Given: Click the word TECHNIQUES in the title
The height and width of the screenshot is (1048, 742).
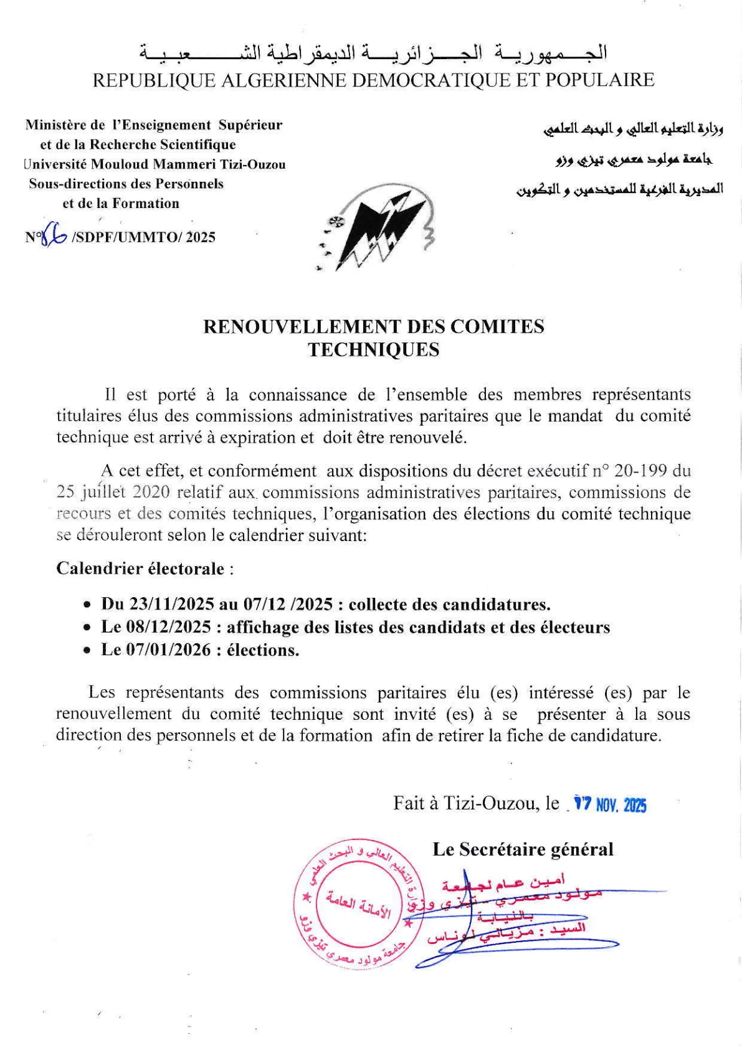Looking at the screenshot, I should pyautogui.click(x=373, y=349).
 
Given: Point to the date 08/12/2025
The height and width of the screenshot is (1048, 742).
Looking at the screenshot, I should pyautogui.click(x=168, y=627).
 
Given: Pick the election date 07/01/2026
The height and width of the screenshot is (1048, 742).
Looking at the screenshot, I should pyautogui.click(x=168, y=650).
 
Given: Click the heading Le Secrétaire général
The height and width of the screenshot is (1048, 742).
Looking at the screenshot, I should pyautogui.click(x=523, y=849).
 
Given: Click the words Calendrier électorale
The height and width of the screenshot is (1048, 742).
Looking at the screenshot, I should pyautogui.click(x=140, y=569).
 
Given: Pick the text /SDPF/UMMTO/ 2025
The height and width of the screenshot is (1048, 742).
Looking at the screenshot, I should pyautogui.click(x=144, y=237).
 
